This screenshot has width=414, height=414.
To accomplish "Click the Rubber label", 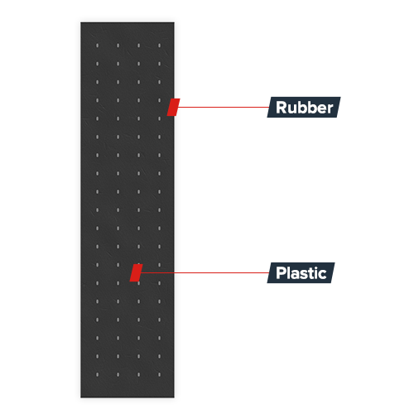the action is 304,107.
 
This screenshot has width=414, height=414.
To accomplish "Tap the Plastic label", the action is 301,272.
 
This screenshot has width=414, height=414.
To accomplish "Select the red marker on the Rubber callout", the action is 173,107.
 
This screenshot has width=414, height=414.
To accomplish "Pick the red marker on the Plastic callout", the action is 136,272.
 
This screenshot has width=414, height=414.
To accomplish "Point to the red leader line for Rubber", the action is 223,107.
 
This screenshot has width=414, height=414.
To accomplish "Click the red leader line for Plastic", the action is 205,272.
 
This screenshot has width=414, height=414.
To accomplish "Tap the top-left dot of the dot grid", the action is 97,46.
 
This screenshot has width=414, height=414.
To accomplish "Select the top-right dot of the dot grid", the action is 159,46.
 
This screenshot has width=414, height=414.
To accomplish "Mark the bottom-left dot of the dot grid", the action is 97,374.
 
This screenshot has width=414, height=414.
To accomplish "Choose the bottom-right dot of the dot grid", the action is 159,374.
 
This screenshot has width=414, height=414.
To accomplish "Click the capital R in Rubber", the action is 282,108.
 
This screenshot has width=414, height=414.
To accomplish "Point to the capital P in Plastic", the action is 281,273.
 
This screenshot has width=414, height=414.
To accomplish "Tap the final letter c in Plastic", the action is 322,274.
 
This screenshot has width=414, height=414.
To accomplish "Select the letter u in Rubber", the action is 292,109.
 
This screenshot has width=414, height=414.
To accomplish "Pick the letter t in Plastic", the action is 310,273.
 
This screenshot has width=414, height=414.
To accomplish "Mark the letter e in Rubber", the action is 321,109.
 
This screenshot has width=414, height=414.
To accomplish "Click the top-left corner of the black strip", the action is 80,22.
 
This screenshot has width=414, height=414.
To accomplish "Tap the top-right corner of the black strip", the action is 174,22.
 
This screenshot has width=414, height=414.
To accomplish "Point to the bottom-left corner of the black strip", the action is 80,397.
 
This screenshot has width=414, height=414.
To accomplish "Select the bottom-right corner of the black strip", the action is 174,397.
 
